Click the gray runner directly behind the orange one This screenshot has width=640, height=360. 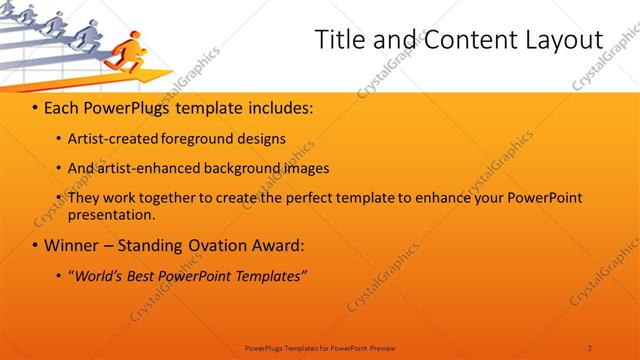(x=87, y=35)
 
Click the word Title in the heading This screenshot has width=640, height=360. (x=339, y=40)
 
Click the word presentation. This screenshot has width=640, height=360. (x=111, y=214)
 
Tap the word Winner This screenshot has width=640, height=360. (x=72, y=245)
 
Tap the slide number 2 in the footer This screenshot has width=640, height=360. (x=590, y=347)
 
